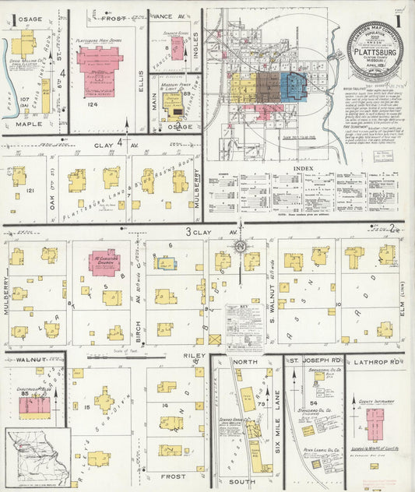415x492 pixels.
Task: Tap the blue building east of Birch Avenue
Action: [165, 263]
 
